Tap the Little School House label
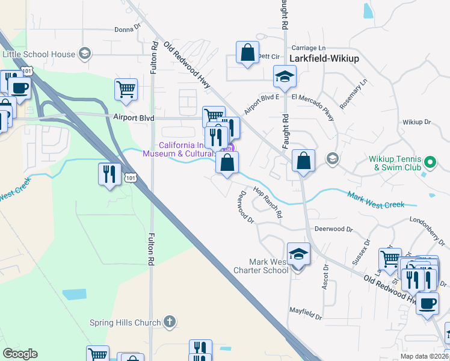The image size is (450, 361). coord(39,54)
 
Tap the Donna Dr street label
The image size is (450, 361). coord(127,28)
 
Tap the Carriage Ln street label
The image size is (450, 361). coord(308,48)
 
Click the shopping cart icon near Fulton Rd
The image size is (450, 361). coord(126,90)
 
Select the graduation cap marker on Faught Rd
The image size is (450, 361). coord(285,76)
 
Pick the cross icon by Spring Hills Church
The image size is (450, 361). coord(170,321)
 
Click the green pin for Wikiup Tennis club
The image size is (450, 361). coord(430,162)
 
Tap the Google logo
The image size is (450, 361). coord(20,354)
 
